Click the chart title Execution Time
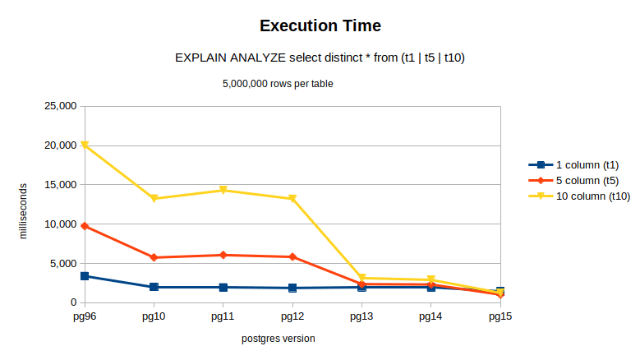pos(320,25)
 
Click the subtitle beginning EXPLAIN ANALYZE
pos(320,58)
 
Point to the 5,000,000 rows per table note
pos(278,83)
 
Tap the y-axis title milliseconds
pos(24,210)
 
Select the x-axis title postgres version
pos(278,339)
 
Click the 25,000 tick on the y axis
pos(59,106)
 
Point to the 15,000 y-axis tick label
pos(59,185)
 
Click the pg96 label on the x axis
pos(85,316)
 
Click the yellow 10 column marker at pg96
pos(85,145)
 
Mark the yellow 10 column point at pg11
pos(223,191)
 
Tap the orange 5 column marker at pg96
pos(85,226)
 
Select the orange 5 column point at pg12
pos(292,257)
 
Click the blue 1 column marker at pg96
pos(85,276)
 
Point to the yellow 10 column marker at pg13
pos(361,279)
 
